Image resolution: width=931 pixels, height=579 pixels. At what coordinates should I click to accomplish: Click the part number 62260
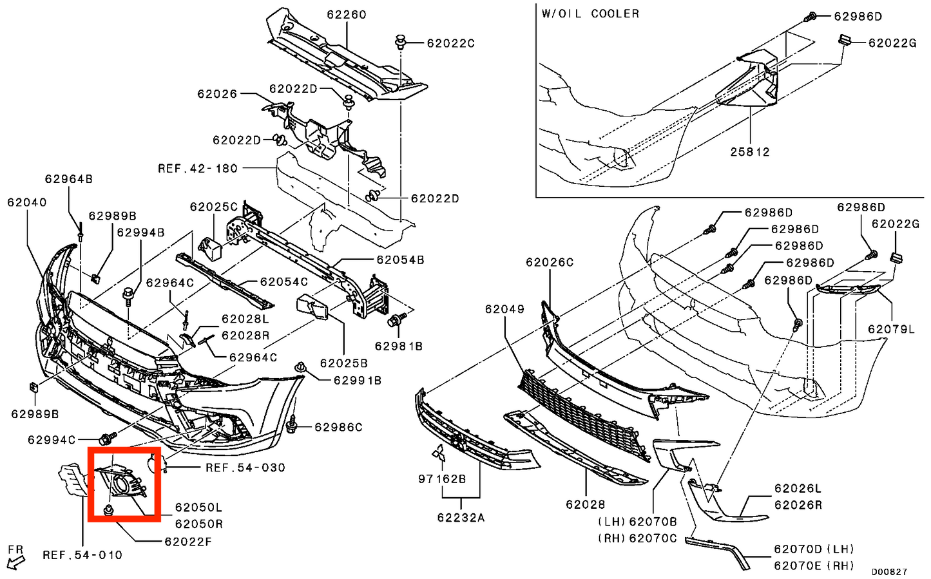[346, 14]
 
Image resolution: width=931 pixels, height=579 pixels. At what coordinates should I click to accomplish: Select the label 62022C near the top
[450, 43]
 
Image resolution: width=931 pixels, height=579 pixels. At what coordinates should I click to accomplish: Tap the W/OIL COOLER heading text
[590, 14]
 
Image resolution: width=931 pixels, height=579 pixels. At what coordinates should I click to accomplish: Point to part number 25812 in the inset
[750, 152]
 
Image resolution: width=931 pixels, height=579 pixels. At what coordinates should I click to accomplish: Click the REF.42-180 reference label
[198, 169]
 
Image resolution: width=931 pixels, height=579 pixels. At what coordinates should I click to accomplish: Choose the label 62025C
[213, 207]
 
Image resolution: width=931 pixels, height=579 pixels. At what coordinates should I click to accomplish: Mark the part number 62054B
[400, 260]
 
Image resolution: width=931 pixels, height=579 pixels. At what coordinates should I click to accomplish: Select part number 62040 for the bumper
[27, 202]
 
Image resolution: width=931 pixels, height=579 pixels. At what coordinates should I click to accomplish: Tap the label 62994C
[52, 440]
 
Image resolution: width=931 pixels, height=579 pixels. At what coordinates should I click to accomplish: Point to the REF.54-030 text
[245, 468]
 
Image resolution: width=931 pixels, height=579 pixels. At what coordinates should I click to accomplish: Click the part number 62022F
[187, 542]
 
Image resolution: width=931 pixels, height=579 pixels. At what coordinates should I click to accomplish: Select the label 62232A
[461, 517]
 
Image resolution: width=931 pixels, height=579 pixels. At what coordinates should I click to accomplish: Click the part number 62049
[504, 309]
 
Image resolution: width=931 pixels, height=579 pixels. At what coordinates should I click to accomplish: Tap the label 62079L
[891, 329]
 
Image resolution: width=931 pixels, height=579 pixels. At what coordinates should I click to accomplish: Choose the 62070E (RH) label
[814, 565]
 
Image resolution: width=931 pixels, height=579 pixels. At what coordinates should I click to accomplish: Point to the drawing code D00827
[889, 571]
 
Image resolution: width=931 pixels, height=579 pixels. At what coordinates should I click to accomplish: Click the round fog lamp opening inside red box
[122, 485]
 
